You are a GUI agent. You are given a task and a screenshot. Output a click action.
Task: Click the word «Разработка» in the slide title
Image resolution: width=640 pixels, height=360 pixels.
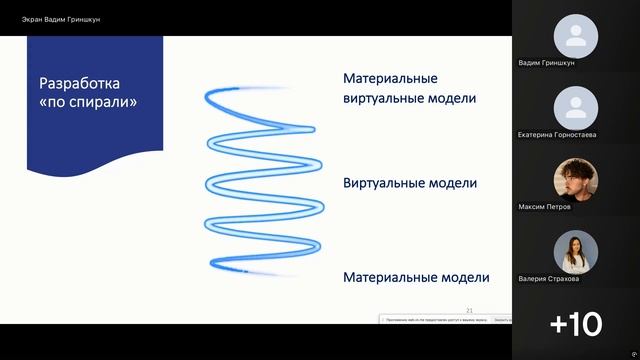pyautogui.click(x=84, y=83)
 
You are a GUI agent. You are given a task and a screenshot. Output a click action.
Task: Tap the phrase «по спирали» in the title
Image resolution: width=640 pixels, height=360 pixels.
pyautogui.click(x=87, y=102)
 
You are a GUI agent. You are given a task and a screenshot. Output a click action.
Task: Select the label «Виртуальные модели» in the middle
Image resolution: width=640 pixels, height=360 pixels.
pyautogui.click(x=409, y=184)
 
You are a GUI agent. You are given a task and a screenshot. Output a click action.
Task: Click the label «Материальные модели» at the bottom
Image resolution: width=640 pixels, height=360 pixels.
pyautogui.click(x=416, y=277)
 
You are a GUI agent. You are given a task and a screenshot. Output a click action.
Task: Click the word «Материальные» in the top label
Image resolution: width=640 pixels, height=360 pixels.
pyautogui.click(x=390, y=78)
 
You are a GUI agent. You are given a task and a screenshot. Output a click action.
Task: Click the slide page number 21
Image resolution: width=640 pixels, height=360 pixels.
pyautogui.click(x=470, y=310)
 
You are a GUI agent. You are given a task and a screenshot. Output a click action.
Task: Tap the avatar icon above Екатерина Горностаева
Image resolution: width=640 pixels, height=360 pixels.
pyautogui.click(x=575, y=107)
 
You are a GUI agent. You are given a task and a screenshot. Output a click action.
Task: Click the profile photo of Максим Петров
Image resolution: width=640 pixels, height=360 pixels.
pyautogui.click(x=575, y=179)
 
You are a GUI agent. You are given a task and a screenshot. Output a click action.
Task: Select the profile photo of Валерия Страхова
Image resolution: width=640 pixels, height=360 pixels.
pyautogui.click(x=575, y=251)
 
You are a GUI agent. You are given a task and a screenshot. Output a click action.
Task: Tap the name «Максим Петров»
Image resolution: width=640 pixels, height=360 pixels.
pyautogui.click(x=545, y=207)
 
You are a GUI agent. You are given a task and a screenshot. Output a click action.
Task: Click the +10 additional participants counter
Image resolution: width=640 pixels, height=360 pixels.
pyautogui.click(x=575, y=324)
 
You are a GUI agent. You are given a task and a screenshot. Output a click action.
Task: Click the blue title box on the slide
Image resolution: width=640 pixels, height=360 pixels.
pyautogui.click(x=94, y=100)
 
